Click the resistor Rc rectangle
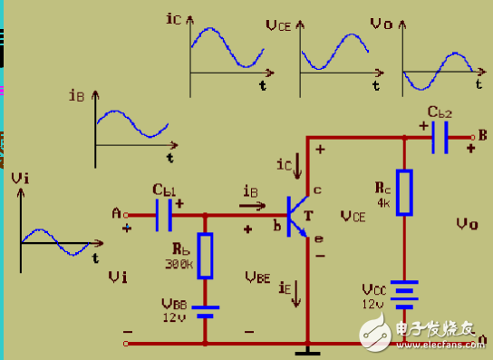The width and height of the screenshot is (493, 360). pyautogui.click(x=404, y=192)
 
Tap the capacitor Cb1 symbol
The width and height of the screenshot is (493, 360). pyautogui.click(x=164, y=214)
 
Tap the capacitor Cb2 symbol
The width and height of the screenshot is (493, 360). pyautogui.click(x=440, y=137)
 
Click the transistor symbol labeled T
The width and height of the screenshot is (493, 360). pyautogui.click(x=296, y=216)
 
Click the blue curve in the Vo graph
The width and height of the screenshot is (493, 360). pyautogui.click(x=438, y=72)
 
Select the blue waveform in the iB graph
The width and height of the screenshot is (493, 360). pyautogui.click(x=131, y=122)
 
